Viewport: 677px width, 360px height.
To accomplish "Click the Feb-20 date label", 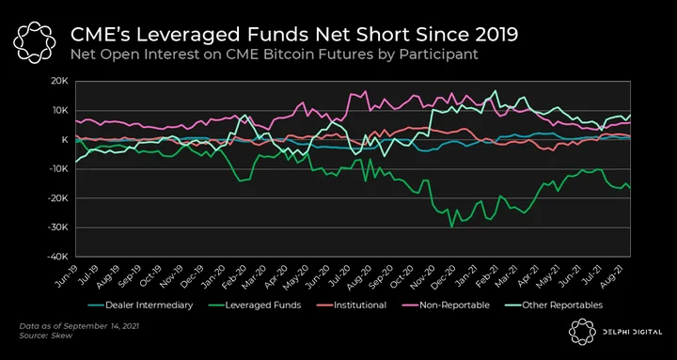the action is [x=238, y=275].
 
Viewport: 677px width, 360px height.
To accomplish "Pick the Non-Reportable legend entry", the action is [x=449, y=305].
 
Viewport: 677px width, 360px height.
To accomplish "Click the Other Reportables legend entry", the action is [x=554, y=305].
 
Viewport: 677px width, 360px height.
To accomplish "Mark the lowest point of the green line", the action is [x=451, y=227].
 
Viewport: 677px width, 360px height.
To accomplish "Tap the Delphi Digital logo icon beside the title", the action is [x=35, y=42].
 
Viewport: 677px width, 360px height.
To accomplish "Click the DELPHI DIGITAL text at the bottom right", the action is [x=633, y=332].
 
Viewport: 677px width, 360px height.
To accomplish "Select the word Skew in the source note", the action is [x=64, y=336].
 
